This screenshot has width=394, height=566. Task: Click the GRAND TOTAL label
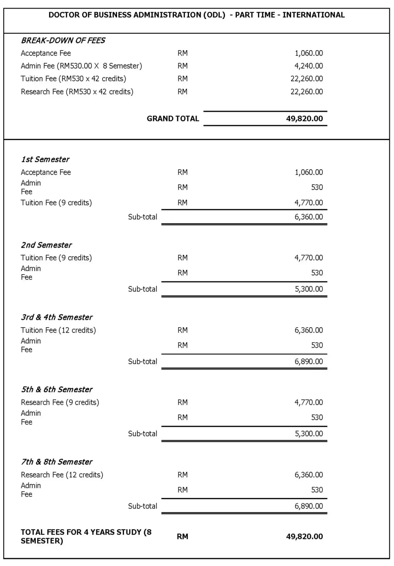coord(173,119)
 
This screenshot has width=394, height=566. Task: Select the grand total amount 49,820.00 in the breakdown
coord(304,119)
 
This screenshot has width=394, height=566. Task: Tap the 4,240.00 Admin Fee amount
coord(308,66)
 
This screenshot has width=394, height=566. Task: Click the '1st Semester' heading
coord(45,159)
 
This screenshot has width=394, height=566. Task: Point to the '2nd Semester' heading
coord(46,245)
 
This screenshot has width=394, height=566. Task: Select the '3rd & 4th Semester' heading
coord(57,317)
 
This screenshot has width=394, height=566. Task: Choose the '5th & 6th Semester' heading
coord(57,389)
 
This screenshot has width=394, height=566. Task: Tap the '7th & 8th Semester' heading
coord(57,462)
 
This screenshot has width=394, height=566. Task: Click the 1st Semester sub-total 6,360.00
coord(308,217)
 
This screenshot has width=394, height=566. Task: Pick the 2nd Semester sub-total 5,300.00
coord(309,289)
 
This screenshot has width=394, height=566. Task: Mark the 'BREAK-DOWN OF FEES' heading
coord(63,40)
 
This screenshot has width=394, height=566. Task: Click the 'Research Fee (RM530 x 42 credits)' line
coord(77,92)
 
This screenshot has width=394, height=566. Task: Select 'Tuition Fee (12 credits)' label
coord(58,330)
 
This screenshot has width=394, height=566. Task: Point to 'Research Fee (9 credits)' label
coord(60,402)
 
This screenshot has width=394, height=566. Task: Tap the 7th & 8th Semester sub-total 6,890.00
coord(308,506)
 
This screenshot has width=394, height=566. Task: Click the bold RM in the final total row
coord(182,537)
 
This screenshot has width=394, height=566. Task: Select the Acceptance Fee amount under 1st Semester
coord(308,172)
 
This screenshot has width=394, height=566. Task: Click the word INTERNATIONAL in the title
coord(313,15)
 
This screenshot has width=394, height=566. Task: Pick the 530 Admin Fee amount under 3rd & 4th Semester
coord(317,345)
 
